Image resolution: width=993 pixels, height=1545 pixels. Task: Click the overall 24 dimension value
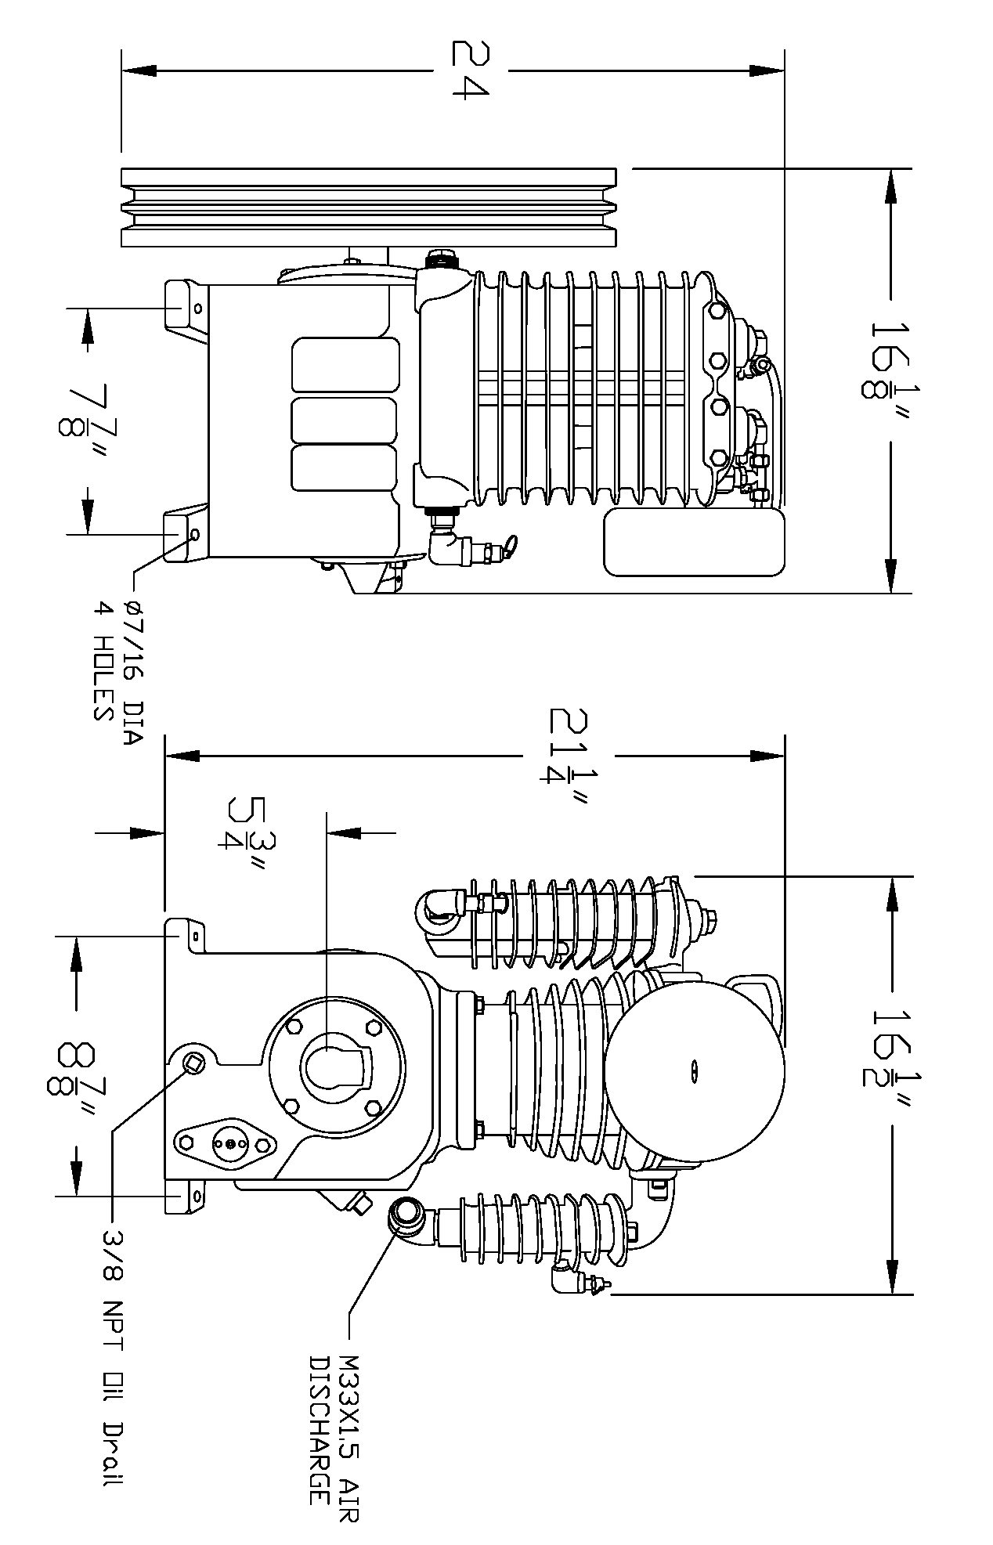[470, 70]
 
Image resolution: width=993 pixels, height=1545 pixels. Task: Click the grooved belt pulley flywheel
[368, 208]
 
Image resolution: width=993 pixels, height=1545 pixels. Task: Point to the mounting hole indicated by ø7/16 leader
[194, 534]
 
